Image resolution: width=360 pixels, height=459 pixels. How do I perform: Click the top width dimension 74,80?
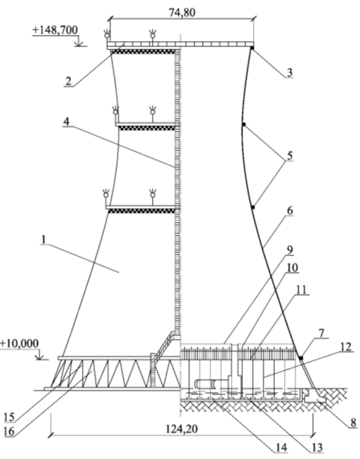(x=182, y=13)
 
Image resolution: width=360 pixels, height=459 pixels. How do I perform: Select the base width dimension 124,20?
(x=182, y=429)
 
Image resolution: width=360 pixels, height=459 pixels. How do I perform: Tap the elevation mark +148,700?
(x=55, y=30)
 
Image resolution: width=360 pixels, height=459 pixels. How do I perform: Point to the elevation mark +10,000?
(x=19, y=343)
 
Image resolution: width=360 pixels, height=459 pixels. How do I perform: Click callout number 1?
(x=44, y=239)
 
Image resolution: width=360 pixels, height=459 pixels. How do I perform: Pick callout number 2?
(x=68, y=81)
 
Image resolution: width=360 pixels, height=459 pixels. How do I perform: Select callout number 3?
(x=289, y=72)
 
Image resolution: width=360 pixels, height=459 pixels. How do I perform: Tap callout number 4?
(x=67, y=122)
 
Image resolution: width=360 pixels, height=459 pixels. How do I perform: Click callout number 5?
(x=289, y=156)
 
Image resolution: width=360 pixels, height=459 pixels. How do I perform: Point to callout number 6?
(x=289, y=211)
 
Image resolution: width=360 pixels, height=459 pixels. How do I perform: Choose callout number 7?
(x=321, y=333)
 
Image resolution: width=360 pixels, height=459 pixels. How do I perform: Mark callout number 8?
(x=353, y=423)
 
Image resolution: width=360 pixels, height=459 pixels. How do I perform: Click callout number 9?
(x=289, y=250)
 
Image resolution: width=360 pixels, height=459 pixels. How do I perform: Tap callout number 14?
(x=281, y=448)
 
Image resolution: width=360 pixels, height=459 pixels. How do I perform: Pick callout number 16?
(x=9, y=432)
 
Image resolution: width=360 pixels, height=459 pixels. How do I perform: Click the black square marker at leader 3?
(x=252, y=47)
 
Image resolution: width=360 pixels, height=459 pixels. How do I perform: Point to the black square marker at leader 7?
(x=301, y=358)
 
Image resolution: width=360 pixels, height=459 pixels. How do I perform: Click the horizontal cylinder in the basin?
(x=205, y=384)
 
